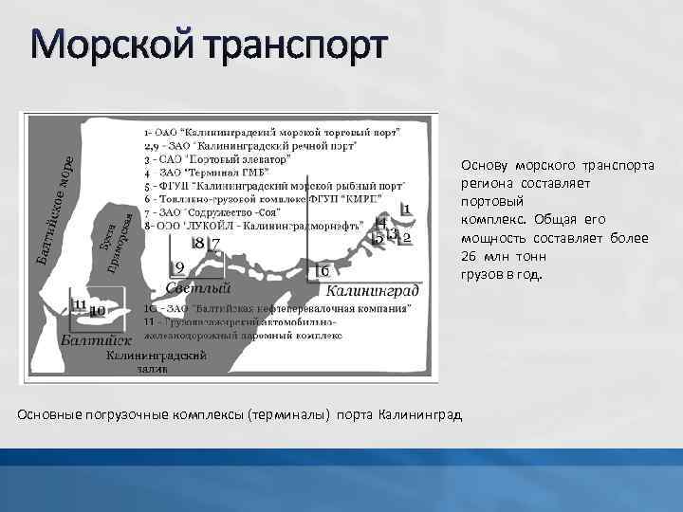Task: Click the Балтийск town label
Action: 95,339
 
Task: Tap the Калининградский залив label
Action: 157,361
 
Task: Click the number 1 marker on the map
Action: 405,209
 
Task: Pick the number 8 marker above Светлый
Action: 198,244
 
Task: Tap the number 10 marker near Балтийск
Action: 97,310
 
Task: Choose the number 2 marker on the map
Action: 407,237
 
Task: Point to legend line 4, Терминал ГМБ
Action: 205,173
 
